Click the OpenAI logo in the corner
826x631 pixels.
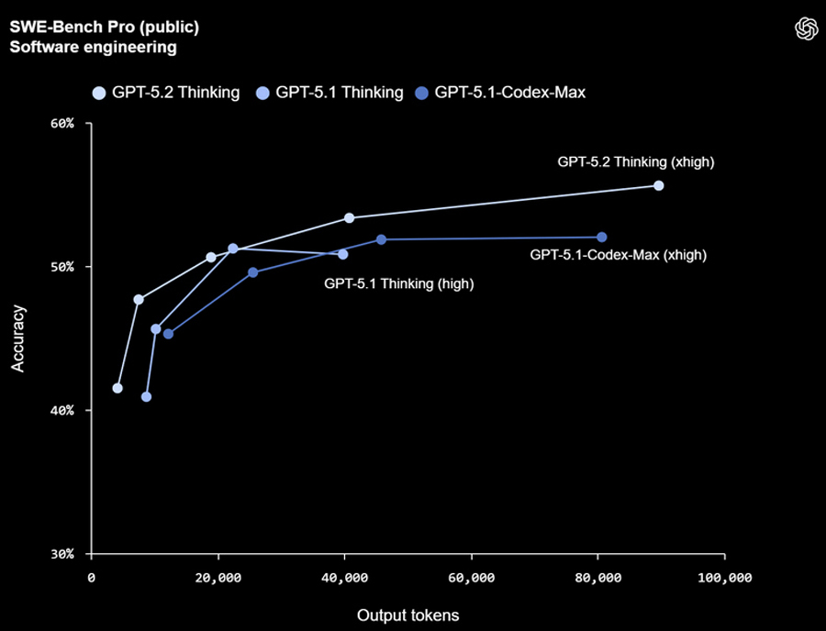click(x=805, y=28)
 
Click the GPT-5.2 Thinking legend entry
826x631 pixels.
click(x=166, y=93)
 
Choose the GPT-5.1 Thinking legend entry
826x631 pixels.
click(x=329, y=93)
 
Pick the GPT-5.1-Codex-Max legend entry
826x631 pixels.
click(x=499, y=93)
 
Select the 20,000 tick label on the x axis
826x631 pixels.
click(x=218, y=578)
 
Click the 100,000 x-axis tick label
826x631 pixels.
click(x=724, y=578)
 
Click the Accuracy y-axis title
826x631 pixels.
click(x=17, y=338)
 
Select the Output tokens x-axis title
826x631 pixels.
click(x=407, y=615)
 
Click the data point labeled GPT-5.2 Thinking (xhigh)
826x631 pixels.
click(x=658, y=185)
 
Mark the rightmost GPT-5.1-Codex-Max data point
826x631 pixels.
click(x=602, y=238)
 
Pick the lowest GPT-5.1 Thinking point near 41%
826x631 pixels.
click(x=146, y=397)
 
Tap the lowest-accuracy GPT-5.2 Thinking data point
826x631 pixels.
click(x=117, y=388)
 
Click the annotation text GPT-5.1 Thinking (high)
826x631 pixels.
click(x=398, y=284)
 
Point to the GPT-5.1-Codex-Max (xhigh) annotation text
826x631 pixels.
click(x=619, y=255)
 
